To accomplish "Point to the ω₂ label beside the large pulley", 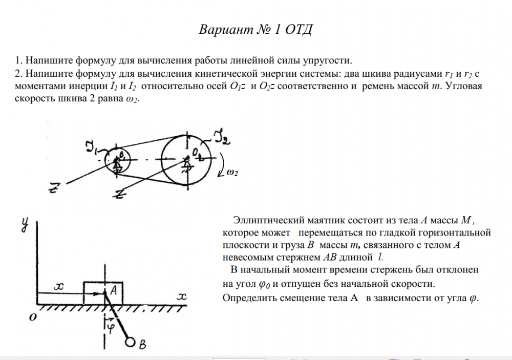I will pos(231,173).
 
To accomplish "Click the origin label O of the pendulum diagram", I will pos(32,317).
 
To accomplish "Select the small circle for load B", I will pos(131,342).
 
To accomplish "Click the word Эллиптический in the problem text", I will pos(263,220).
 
